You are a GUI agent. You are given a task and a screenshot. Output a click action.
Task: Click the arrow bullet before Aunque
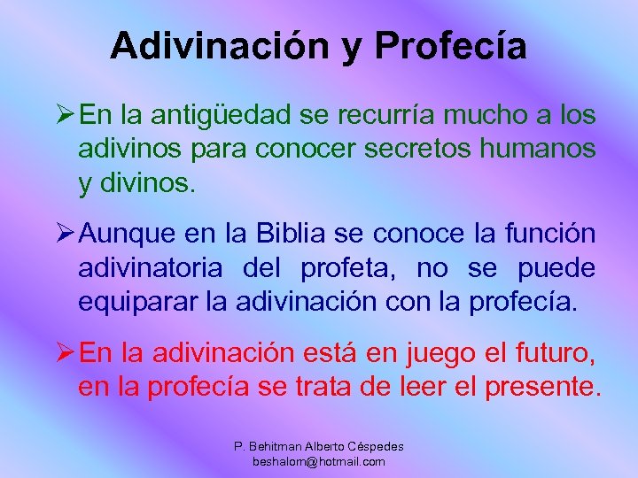point(65,235)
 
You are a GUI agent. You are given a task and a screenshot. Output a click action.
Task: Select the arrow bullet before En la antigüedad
point(65,114)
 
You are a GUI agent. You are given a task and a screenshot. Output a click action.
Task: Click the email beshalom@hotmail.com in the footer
point(318,461)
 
